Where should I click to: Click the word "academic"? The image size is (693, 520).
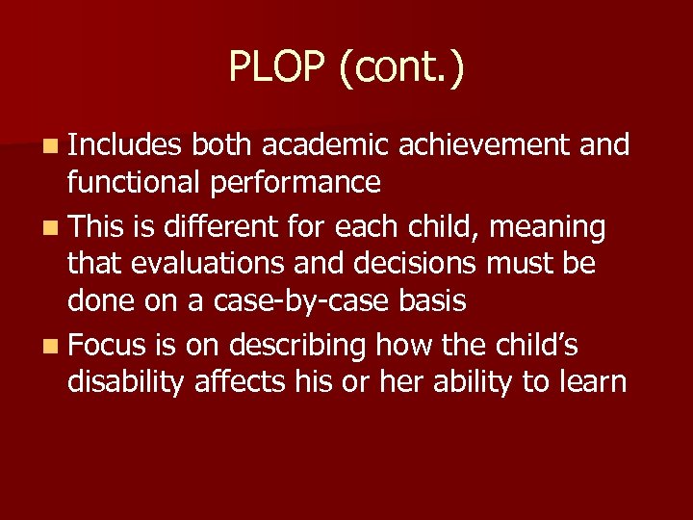point(324,145)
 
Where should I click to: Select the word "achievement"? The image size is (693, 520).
point(489,145)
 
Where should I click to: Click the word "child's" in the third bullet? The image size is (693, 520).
point(530,344)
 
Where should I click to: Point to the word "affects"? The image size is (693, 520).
point(241,381)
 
